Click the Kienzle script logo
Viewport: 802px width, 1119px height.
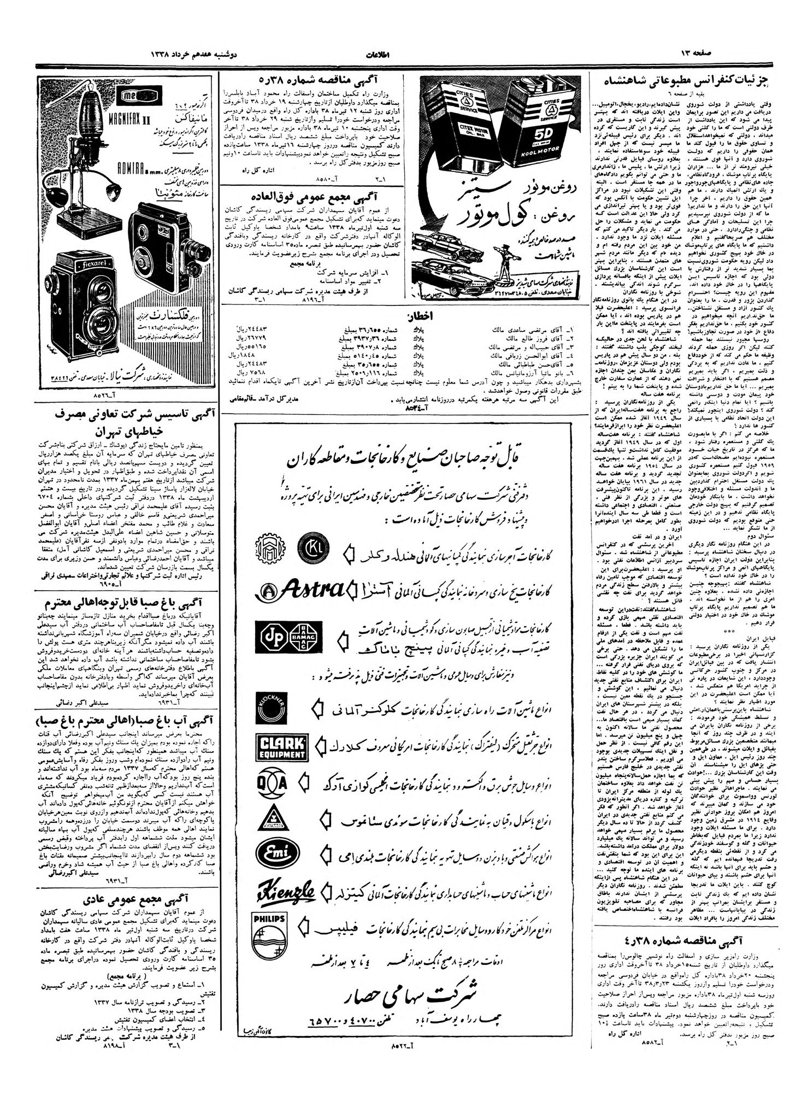click(286, 891)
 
